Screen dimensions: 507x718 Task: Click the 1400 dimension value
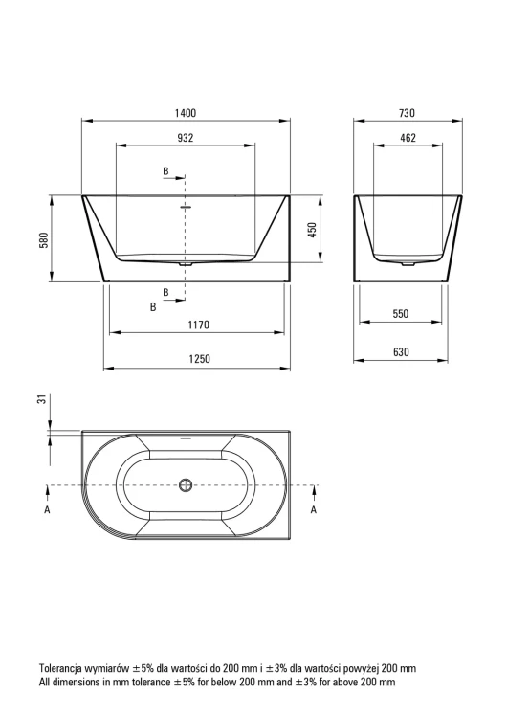coord(186,113)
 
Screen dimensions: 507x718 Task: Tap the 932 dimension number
coord(186,137)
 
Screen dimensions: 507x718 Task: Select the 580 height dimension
coord(44,240)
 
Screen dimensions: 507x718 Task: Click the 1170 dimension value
coord(199,325)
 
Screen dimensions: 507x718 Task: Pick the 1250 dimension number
coord(200,359)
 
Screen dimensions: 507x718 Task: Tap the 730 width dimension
coord(407,113)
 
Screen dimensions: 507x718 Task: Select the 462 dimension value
coord(408,137)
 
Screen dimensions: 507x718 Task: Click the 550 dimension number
coord(401,314)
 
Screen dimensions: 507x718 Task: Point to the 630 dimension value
coord(401,352)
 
